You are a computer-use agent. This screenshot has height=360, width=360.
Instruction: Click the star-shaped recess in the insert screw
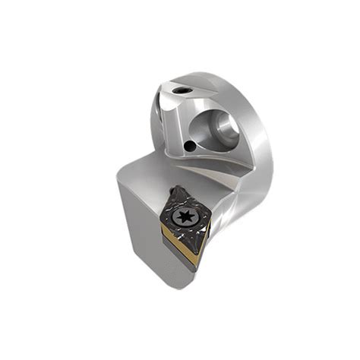pos(185,218)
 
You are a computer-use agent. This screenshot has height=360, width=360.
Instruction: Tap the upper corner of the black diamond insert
pos(175,188)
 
